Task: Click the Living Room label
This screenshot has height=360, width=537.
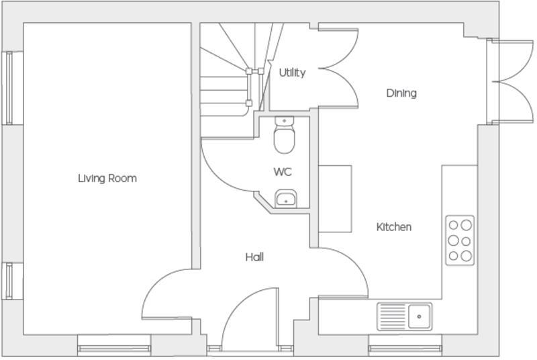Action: point(107,178)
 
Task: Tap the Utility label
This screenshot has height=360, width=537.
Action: point(292,73)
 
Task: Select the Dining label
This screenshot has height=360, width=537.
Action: point(401,93)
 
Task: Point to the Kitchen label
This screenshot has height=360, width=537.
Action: point(393,227)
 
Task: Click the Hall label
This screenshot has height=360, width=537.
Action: point(254,257)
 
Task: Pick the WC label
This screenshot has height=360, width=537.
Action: point(283,172)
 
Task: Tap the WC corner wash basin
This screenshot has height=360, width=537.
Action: point(286,198)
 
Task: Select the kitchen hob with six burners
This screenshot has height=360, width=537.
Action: point(460,240)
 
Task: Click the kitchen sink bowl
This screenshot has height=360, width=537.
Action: point(420,314)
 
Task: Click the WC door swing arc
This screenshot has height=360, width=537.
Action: point(225,168)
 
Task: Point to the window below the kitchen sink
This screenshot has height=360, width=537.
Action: point(405,349)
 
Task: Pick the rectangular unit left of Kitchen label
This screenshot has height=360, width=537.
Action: point(335,199)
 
